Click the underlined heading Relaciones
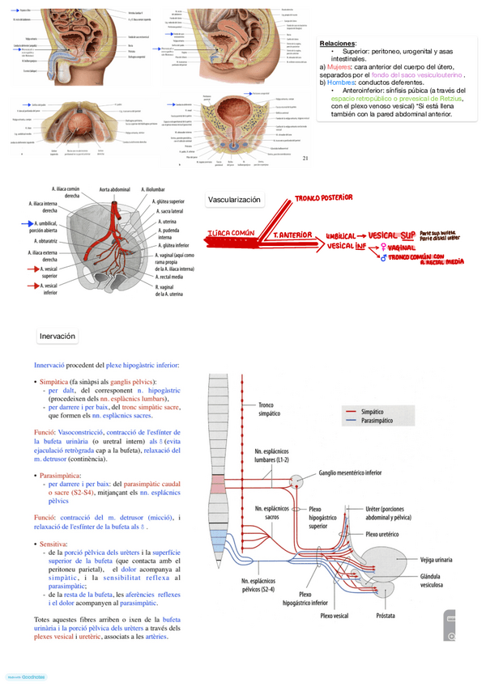[337, 42]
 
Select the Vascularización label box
[234, 199]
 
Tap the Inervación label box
[58, 336]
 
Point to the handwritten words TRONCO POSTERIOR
[324, 197]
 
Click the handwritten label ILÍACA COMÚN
[232, 233]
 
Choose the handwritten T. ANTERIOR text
[293, 234]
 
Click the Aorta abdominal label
[114, 189]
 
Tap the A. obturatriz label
[46, 240]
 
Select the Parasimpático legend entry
[377, 420]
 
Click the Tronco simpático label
[269, 409]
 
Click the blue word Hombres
[341, 83]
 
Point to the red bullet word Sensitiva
[53, 544]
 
